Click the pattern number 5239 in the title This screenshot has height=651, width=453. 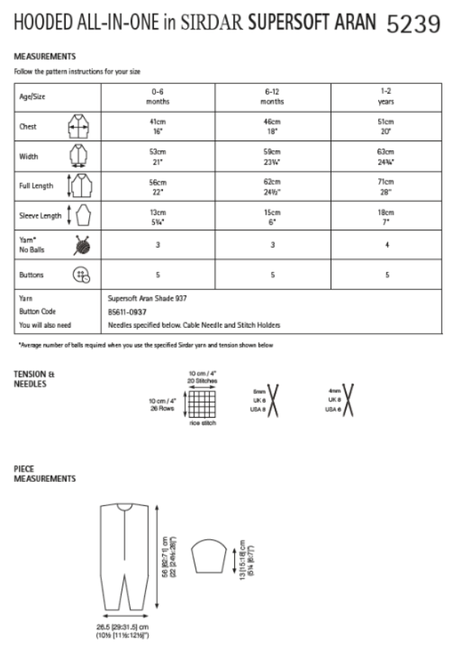[x=413, y=26]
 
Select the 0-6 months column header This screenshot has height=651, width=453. [x=158, y=96]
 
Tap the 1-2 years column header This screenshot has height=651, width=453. [x=386, y=96]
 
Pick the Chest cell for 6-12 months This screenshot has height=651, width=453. [x=272, y=126]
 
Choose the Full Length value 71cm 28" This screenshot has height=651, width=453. [x=386, y=186]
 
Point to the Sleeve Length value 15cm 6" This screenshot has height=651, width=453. [x=272, y=216]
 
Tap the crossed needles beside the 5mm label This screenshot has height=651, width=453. [x=274, y=400]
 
